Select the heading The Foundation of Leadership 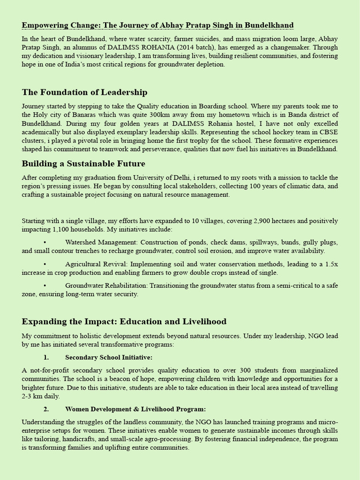(x=84, y=92)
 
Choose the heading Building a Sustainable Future (x=83, y=164)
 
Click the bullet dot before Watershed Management (x=45, y=242)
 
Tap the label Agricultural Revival (x=96, y=264)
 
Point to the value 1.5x (x=330, y=264)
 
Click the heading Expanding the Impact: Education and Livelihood (x=124, y=322)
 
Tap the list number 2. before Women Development (x=46, y=409)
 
